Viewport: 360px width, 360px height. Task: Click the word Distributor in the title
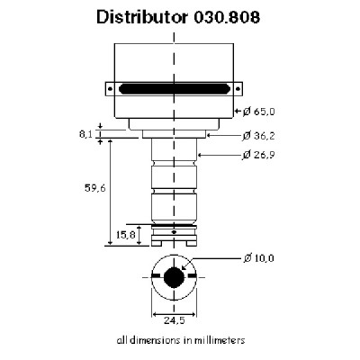141,17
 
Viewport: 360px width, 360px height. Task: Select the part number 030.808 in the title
227,17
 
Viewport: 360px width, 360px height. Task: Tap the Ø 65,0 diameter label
258,112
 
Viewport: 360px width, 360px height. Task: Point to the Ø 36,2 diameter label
258,136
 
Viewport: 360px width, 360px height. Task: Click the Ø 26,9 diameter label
258,155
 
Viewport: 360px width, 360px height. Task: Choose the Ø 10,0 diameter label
258,258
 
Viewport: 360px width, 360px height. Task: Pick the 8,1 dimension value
85,134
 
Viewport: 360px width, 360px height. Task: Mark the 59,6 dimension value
95,188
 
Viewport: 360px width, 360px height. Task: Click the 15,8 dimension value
126,235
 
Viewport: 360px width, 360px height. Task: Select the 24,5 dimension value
175,320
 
